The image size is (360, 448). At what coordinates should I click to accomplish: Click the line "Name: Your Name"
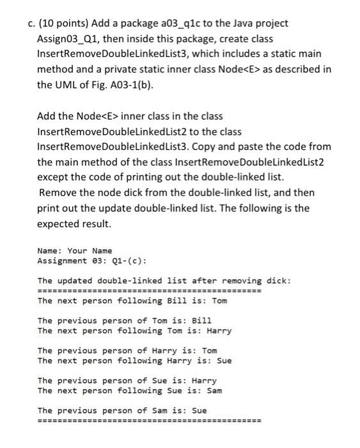[75, 250]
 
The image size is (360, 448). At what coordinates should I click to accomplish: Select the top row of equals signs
[149, 291]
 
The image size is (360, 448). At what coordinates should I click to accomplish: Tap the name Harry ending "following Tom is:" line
[219, 330]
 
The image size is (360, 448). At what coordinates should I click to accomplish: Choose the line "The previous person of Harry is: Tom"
[127, 350]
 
